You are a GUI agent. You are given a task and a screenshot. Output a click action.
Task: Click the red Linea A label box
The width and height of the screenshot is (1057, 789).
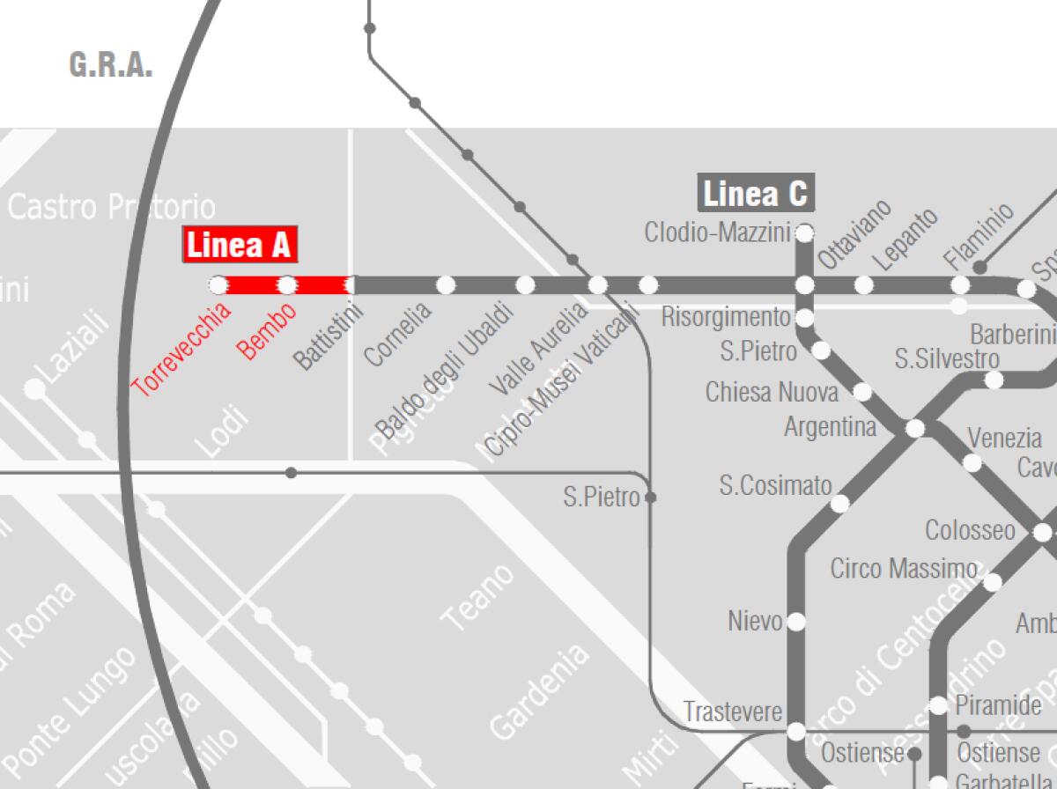tap(239, 245)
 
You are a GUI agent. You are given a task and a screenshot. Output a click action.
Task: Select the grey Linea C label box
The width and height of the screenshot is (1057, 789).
tap(755, 194)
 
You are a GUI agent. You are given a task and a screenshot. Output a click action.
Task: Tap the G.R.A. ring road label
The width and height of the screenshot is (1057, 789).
tap(111, 65)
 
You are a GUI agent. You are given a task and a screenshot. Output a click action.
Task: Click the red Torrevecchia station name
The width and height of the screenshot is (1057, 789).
tap(181, 348)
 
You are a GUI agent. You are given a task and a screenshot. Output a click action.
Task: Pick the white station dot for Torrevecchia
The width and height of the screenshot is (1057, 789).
tap(218, 284)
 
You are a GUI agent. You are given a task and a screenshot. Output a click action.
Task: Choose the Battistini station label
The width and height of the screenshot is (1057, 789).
tap(329, 335)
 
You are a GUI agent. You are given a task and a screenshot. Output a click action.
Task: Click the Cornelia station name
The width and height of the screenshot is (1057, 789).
tap(398, 334)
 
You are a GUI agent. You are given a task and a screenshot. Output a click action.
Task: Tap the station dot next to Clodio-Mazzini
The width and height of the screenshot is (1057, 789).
tap(804, 233)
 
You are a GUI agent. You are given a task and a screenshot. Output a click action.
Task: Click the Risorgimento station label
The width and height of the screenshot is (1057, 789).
tap(726, 316)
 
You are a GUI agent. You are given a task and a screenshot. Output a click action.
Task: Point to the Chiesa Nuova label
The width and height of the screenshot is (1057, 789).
tap(772, 392)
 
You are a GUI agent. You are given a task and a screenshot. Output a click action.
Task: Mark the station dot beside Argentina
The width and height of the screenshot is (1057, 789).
tap(915, 429)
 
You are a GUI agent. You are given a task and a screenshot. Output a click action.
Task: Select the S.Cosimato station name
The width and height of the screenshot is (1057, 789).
tap(775, 485)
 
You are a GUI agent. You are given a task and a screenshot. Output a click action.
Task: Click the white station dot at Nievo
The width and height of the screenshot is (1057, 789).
tap(796, 622)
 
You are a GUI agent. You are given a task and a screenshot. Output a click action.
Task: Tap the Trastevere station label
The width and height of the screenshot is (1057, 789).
tap(733, 712)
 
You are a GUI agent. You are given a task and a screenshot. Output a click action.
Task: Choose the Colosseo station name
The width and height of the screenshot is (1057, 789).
tap(970, 531)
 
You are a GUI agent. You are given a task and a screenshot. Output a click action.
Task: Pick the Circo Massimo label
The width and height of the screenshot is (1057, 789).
tap(904, 569)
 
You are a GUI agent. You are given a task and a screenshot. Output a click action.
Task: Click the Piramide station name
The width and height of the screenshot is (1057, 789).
tap(998, 705)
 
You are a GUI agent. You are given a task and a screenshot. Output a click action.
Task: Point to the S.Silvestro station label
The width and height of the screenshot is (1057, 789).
tap(947, 359)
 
